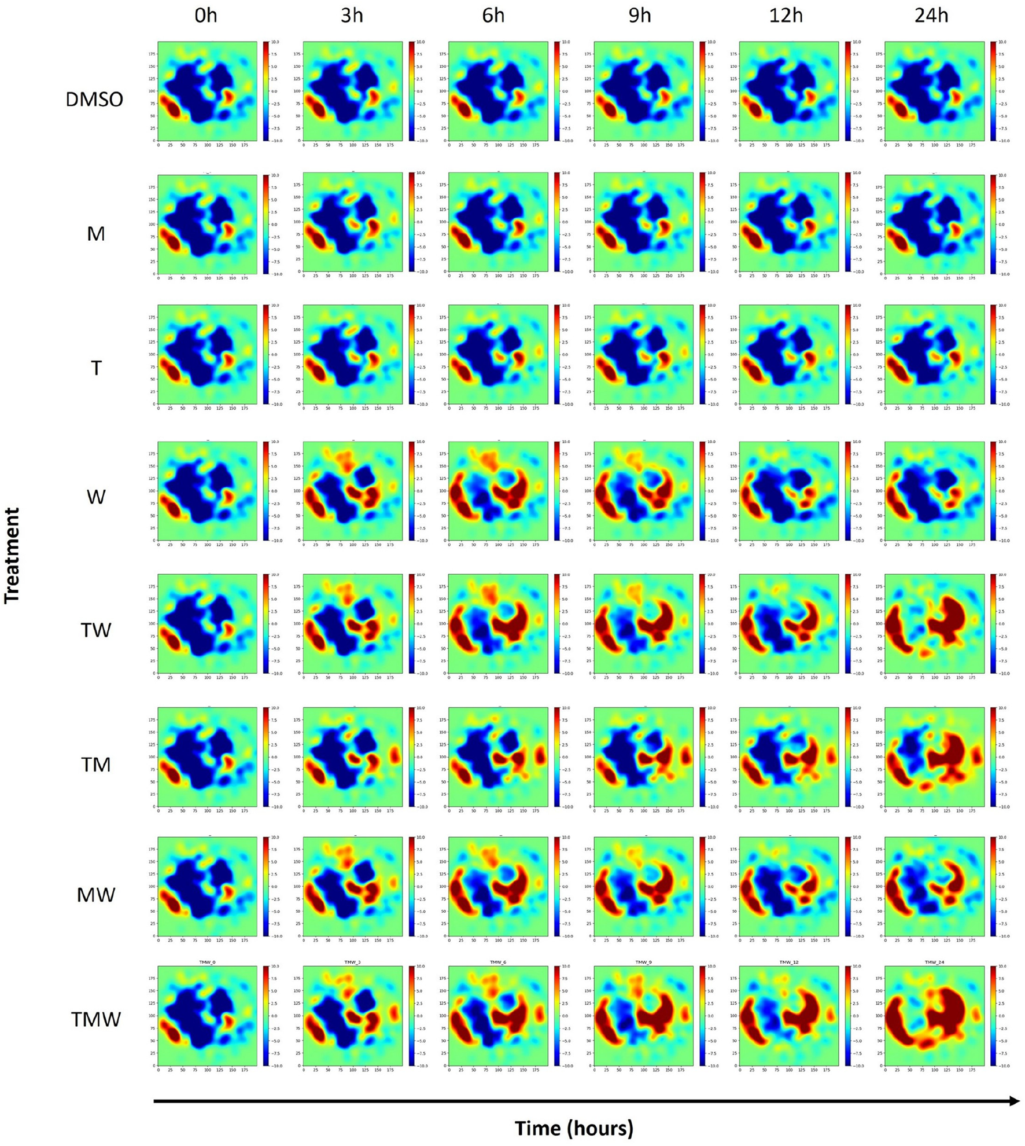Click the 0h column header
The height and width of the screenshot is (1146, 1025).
tap(206, 16)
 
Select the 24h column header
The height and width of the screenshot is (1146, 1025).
tap(931, 16)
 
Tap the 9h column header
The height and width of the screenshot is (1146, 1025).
tap(640, 16)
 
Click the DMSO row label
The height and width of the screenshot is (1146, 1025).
tap(94, 100)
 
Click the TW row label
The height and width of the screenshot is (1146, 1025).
tap(96, 630)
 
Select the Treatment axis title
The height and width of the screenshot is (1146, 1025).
tap(12, 556)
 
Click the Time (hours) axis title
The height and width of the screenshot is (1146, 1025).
tap(574, 1127)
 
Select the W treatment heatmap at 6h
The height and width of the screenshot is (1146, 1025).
tap(498, 491)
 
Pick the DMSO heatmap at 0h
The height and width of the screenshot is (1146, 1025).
tap(207, 91)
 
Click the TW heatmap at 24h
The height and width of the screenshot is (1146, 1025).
tap(934, 623)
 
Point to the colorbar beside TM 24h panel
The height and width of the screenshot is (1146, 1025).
tap(993, 757)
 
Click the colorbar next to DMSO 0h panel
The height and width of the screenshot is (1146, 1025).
tap(266, 91)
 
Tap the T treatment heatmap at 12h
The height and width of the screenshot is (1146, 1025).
tap(788, 354)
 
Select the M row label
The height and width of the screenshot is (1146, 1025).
tap(96, 234)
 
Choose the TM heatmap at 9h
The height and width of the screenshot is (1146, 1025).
tap(643, 757)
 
